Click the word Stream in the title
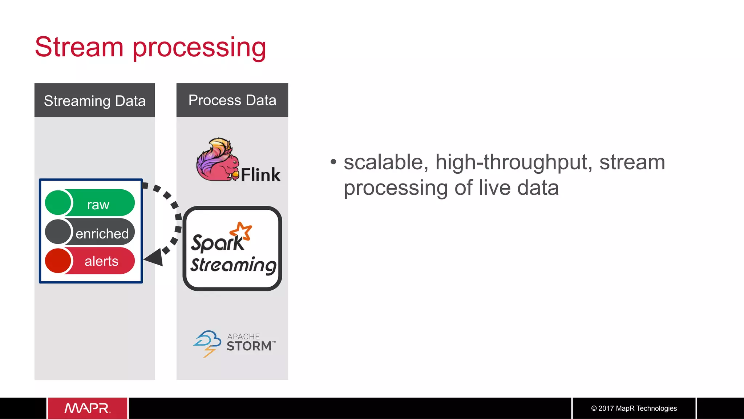[x=79, y=47]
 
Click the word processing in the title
[x=199, y=48]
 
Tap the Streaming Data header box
[x=94, y=100]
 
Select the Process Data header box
[x=232, y=100]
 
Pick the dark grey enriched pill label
[x=102, y=233]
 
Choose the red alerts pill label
[x=102, y=261]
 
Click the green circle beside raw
[x=58, y=202]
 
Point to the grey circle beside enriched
[x=58, y=232]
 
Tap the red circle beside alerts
[x=58, y=261]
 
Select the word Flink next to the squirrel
[x=260, y=175]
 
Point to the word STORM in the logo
[x=249, y=346]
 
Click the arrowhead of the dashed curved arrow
[x=154, y=257]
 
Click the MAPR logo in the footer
[x=87, y=408]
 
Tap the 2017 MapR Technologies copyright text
[x=634, y=408]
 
